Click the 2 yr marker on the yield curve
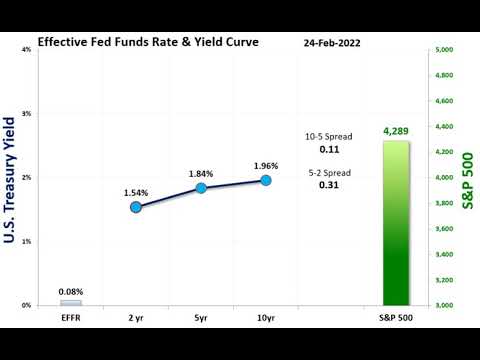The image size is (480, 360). pyautogui.click(x=136, y=207)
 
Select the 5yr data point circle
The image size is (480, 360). pyautogui.click(x=201, y=188)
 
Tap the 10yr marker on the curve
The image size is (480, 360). pyautogui.click(x=266, y=180)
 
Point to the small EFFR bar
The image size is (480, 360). pyautogui.click(x=71, y=302)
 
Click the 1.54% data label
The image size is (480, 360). pyautogui.click(x=137, y=191)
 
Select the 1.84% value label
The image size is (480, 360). pyautogui.click(x=201, y=173)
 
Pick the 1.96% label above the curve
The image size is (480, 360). pyautogui.click(x=266, y=165)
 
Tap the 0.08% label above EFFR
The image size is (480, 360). pyautogui.click(x=71, y=291)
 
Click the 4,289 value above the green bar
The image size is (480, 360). pyautogui.click(x=397, y=131)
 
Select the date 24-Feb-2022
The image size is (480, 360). pyautogui.click(x=332, y=44)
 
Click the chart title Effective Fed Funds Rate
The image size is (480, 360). pyautogui.click(x=147, y=43)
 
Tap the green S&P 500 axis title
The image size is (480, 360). pyautogui.click(x=468, y=180)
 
